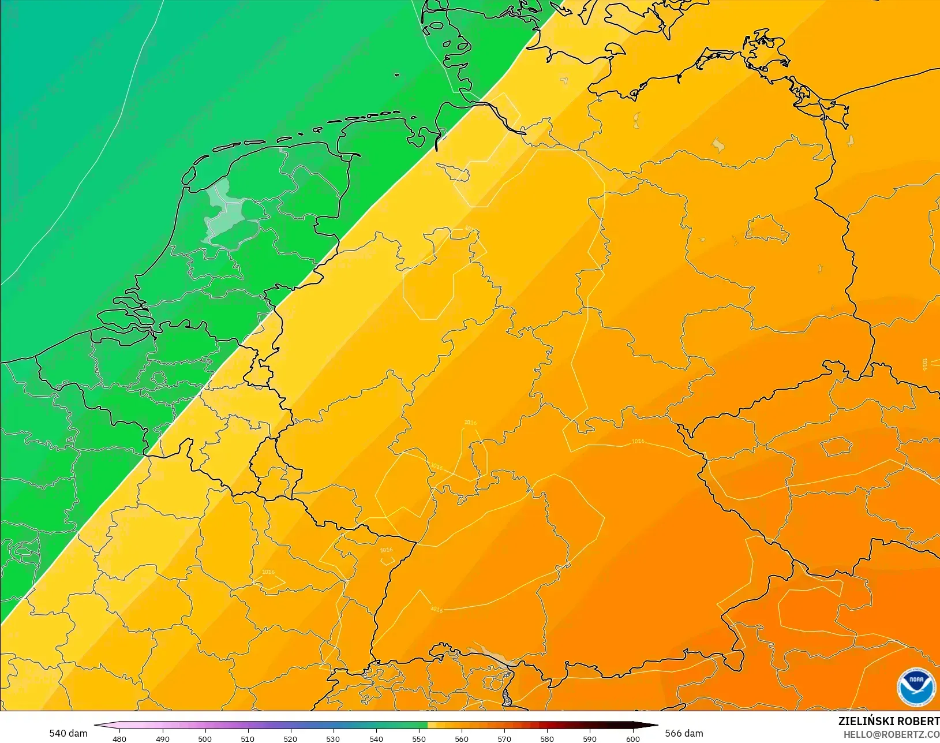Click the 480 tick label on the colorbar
[x=119, y=738]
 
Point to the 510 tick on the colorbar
[x=248, y=738]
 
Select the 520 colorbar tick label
[x=290, y=738]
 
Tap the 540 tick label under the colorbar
[x=376, y=738]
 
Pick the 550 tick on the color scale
[x=419, y=738]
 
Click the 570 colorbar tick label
[x=504, y=738]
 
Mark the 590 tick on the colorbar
[x=590, y=738]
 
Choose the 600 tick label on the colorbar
[x=633, y=738]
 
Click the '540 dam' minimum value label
[x=68, y=733]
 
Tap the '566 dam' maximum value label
[x=684, y=733]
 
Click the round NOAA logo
[x=916, y=687]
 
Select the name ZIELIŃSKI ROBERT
[x=889, y=721]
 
